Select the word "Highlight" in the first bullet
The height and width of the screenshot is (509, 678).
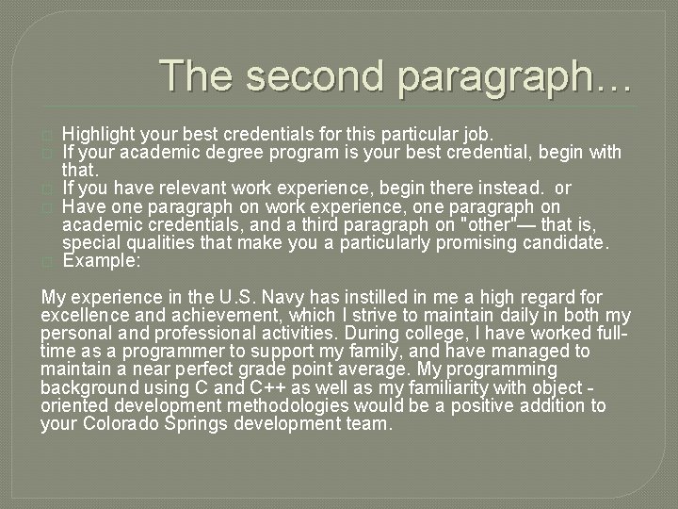(100, 133)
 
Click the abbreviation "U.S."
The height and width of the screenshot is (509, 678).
(230, 297)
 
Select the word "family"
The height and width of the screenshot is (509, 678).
(390, 351)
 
